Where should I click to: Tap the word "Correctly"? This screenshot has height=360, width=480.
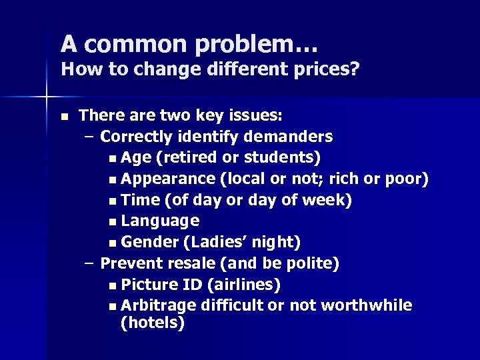pyautogui.click(x=136, y=137)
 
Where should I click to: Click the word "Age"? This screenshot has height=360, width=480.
pyautogui.click(x=136, y=159)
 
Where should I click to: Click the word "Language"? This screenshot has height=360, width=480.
pyautogui.click(x=161, y=221)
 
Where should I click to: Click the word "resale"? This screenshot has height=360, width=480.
pyautogui.click(x=181, y=263)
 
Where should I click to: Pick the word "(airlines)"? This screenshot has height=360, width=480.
pyautogui.click(x=243, y=285)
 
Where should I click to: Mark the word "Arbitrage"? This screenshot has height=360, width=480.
pyautogui.click(x=159, y=305)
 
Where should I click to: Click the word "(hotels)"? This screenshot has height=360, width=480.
pyautogui.click(x=152, y=323)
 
